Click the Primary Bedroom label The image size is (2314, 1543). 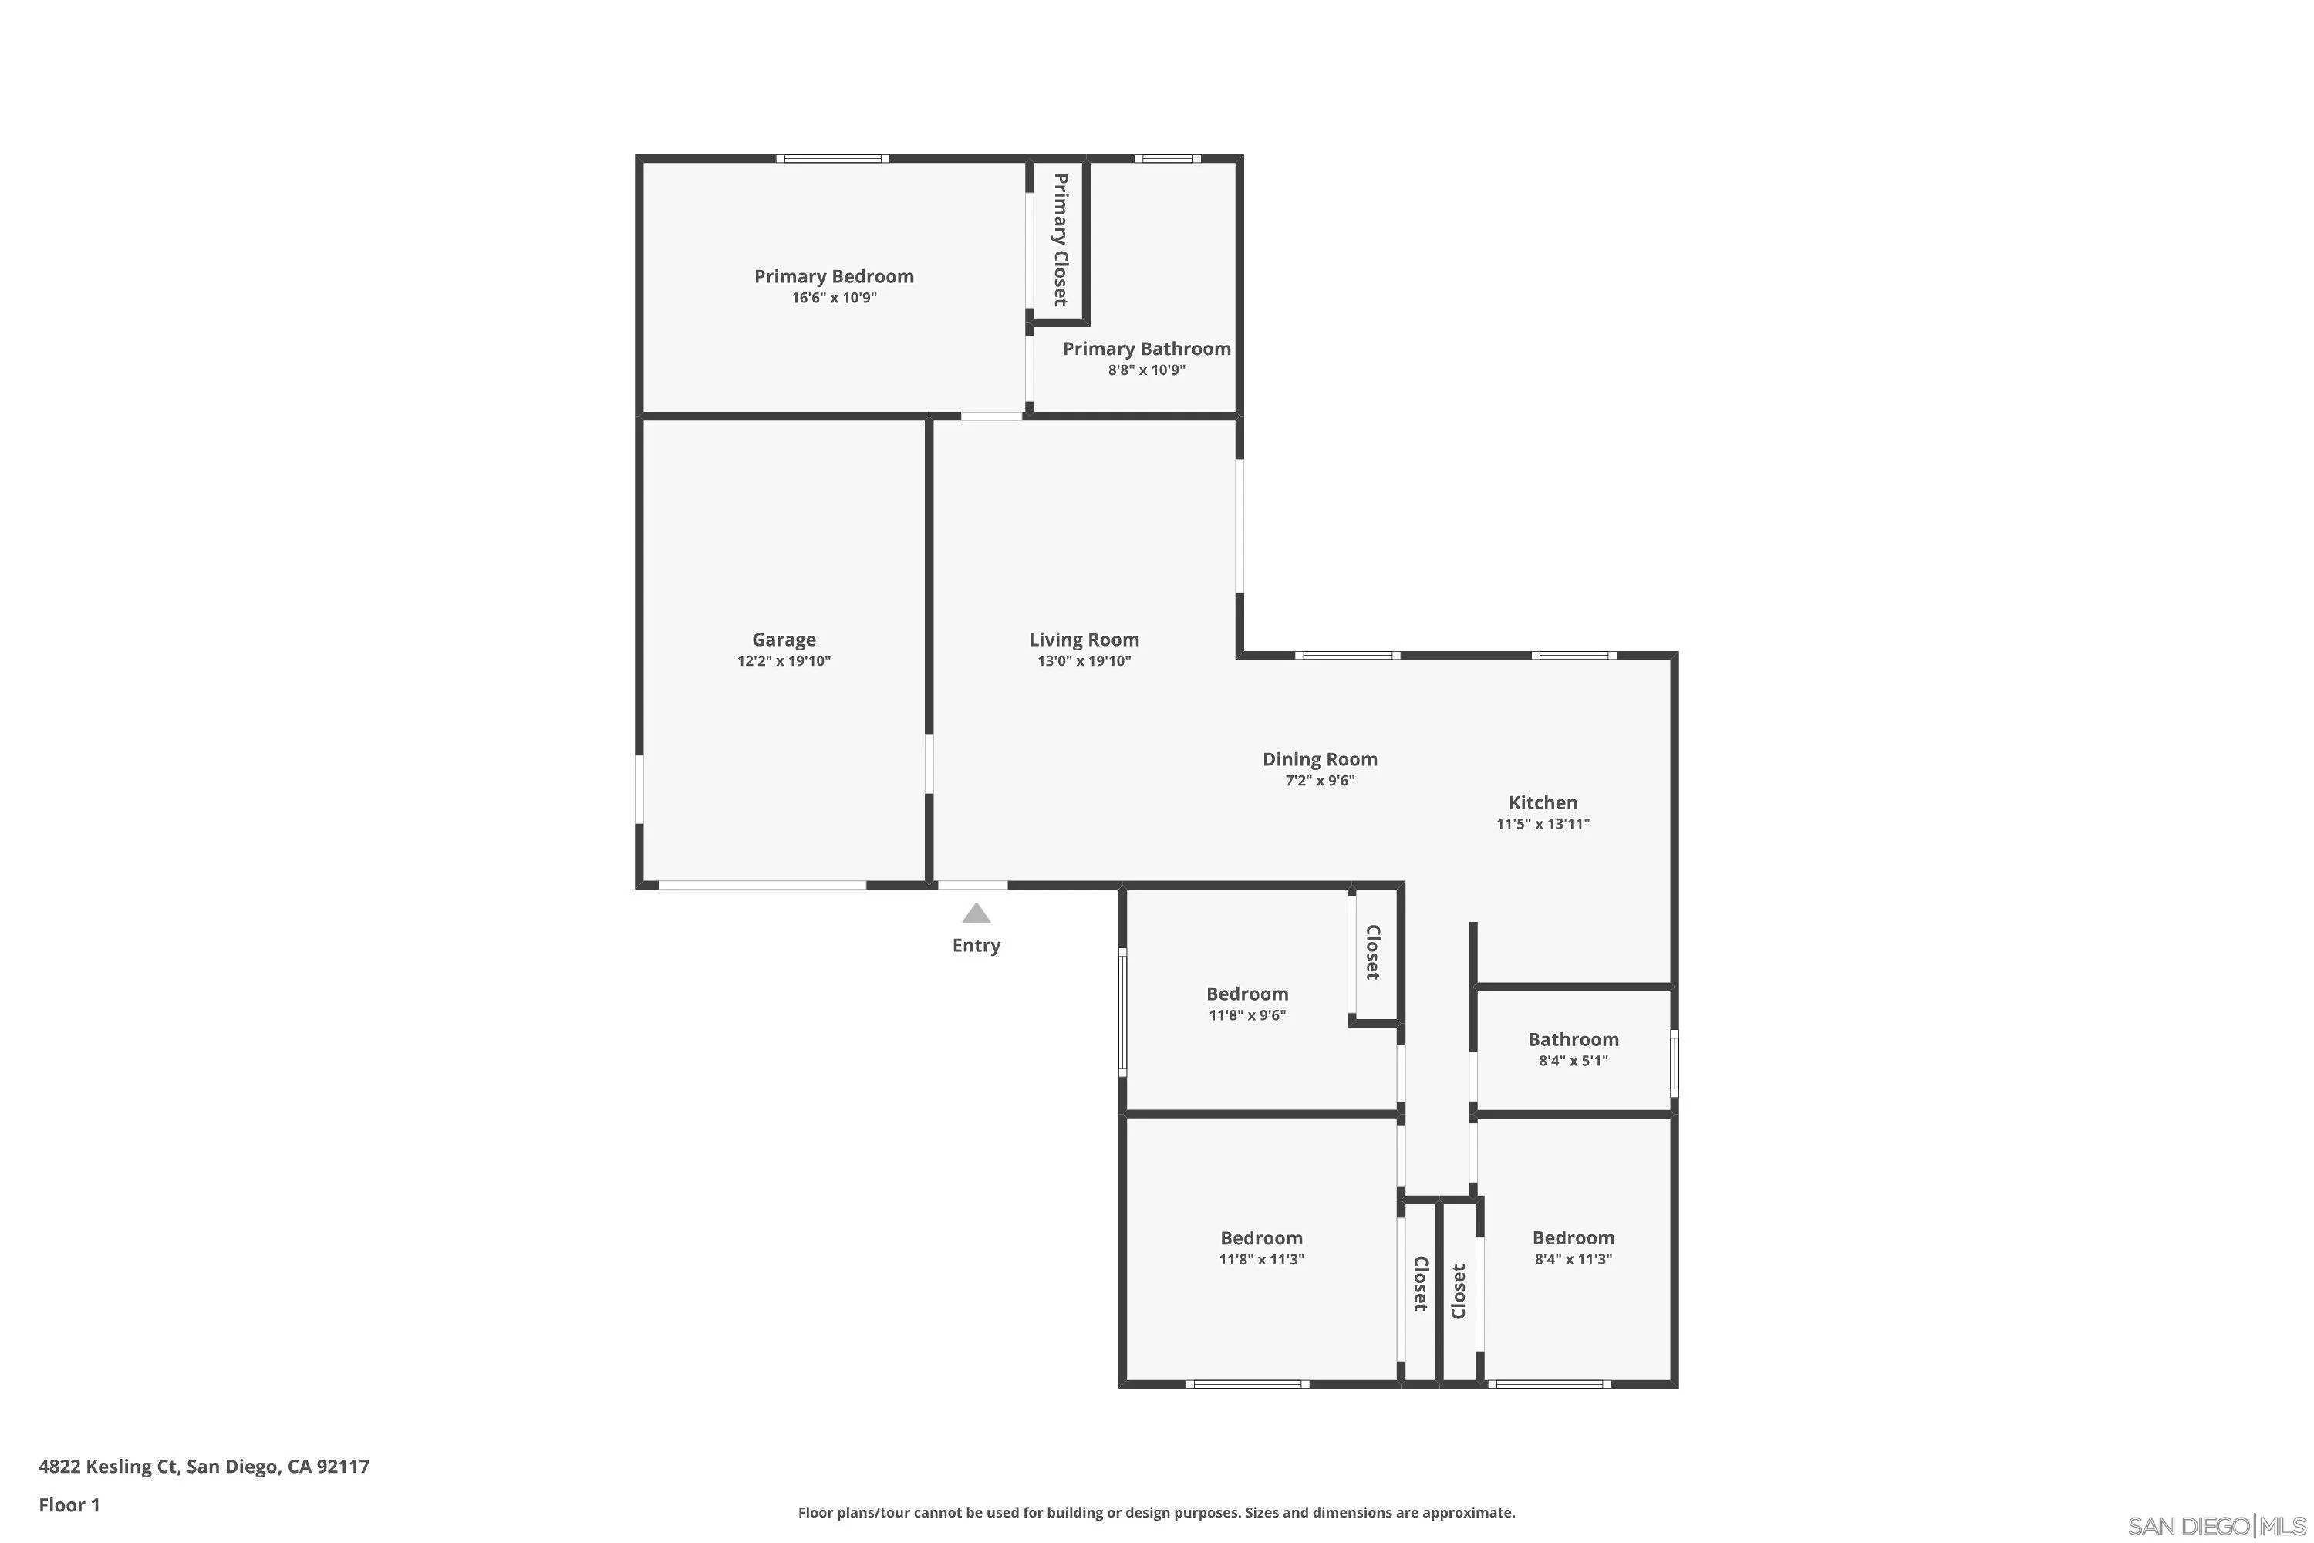[x=833, y=276]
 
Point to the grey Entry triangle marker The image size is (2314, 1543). [x=975, y=914]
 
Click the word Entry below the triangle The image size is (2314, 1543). [x=975, y=946]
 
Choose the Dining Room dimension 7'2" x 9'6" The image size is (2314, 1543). [x=1319, y=782]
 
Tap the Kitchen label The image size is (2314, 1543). [x=1542, y=803]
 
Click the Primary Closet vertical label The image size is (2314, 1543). [x=1060, y=239]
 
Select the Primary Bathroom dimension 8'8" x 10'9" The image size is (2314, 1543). [x=1146, y=371]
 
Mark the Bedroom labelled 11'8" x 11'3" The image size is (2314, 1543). [x=1260, y=1239]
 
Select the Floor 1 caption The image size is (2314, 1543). [x=69, y=1504]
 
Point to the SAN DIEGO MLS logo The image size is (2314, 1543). [x=2218, y=1526]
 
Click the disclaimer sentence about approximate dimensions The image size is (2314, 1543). [x=1156, y=1512]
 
